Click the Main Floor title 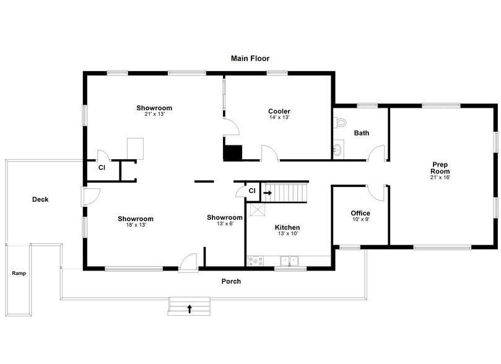pyautogui.click(x=250, y=59)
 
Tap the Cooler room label pyautogui.click(x=279, y=111)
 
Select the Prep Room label pyautogui.click(x=441, y=168)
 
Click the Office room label pyautogui.click(x=360, y=214)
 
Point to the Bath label pyautogui.click(x=361, y=133)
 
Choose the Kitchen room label pyautogui.click(x=287, y=228)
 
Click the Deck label pyautogui.click(x=40, y=199)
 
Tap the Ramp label pyautogui.click(x=19, y=273)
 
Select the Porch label pyautogui.click(x=231, y=282)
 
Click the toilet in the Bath pyautogui.click(x=339, y=121)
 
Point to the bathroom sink pyautogui.click(x=338, y=149)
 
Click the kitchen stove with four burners pyautogui.click(x=255, y=261)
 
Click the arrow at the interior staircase pyautogui.click(x=268, y=193)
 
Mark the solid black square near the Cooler pyautogui.click(x=233, y=153)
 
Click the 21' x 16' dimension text pyautogui.click(x=441, y=178)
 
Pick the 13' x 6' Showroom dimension pyautogui.click(x=224, y=224)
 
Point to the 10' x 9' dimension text pyautogui.click(x=360, y=220)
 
